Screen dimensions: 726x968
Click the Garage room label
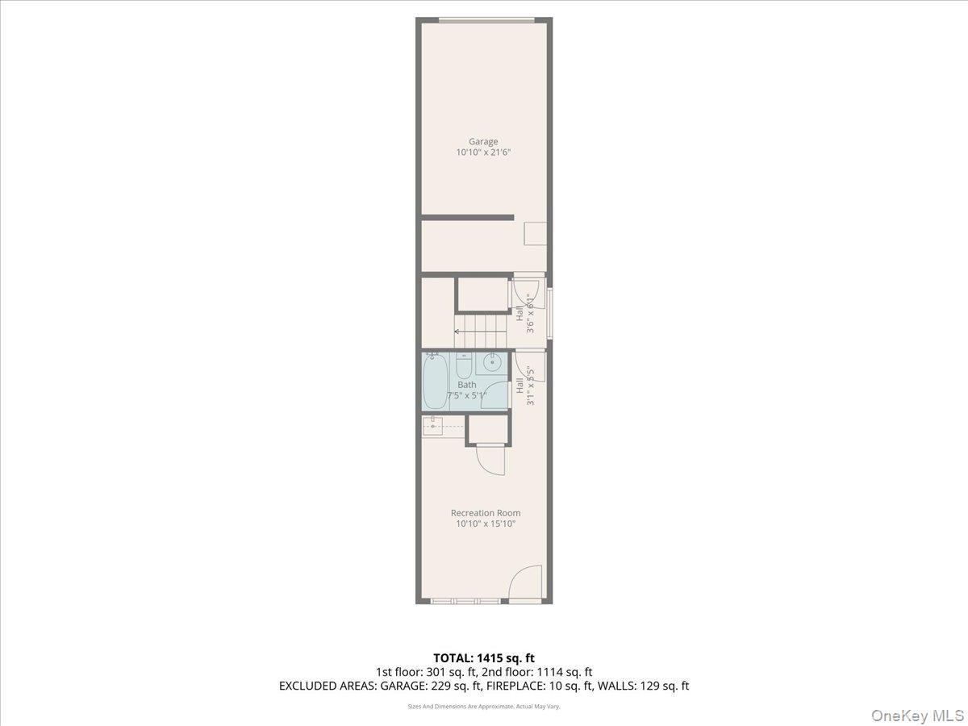coord(483,142)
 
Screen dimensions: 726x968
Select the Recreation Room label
coord(485,513)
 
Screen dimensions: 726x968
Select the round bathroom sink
coord(489,364)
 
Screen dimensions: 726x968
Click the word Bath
coord(466,385)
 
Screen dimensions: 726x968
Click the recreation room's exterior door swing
coord(526,583)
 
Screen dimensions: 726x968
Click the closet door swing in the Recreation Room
coord(490,462)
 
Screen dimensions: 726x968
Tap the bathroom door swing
coord(496,394)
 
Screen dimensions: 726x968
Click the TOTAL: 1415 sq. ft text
coord(483,658)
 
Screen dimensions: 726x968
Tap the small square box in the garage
coord(536,233)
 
